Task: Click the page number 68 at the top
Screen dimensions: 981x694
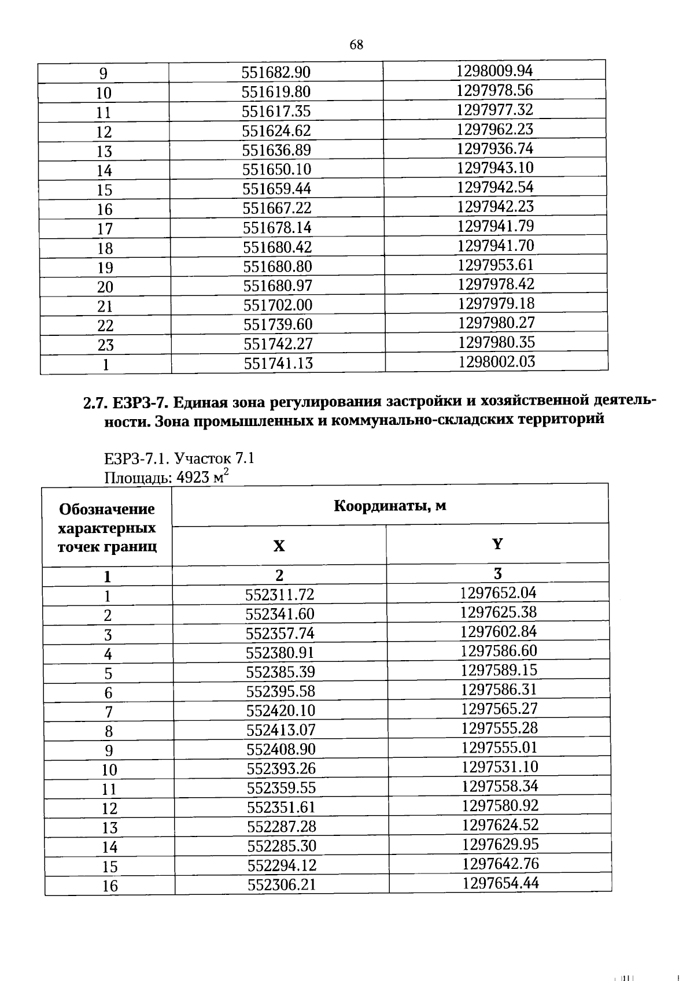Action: pos(356,45)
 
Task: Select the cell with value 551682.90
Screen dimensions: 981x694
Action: pos(276,73)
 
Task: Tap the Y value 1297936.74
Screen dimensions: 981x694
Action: pos(495,149)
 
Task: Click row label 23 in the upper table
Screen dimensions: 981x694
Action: pos(105,345)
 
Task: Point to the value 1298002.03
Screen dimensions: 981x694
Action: pos(497,362)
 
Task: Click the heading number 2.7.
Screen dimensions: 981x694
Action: pos(95,403)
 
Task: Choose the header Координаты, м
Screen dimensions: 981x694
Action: pos(390,506)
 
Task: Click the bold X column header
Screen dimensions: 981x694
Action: pos(279,546)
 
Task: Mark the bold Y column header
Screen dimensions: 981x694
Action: pos(497,543)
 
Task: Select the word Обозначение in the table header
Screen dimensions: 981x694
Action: pos(107,509)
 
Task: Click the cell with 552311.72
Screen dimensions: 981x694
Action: pos(280,595)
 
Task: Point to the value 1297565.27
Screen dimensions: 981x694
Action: pos(499,709)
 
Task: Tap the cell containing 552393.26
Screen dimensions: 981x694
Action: pos(281,769)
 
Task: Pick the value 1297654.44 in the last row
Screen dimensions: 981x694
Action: pos(500,883)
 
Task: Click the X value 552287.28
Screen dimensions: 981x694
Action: pos(282,827)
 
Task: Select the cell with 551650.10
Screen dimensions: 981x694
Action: pos(276,169)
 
